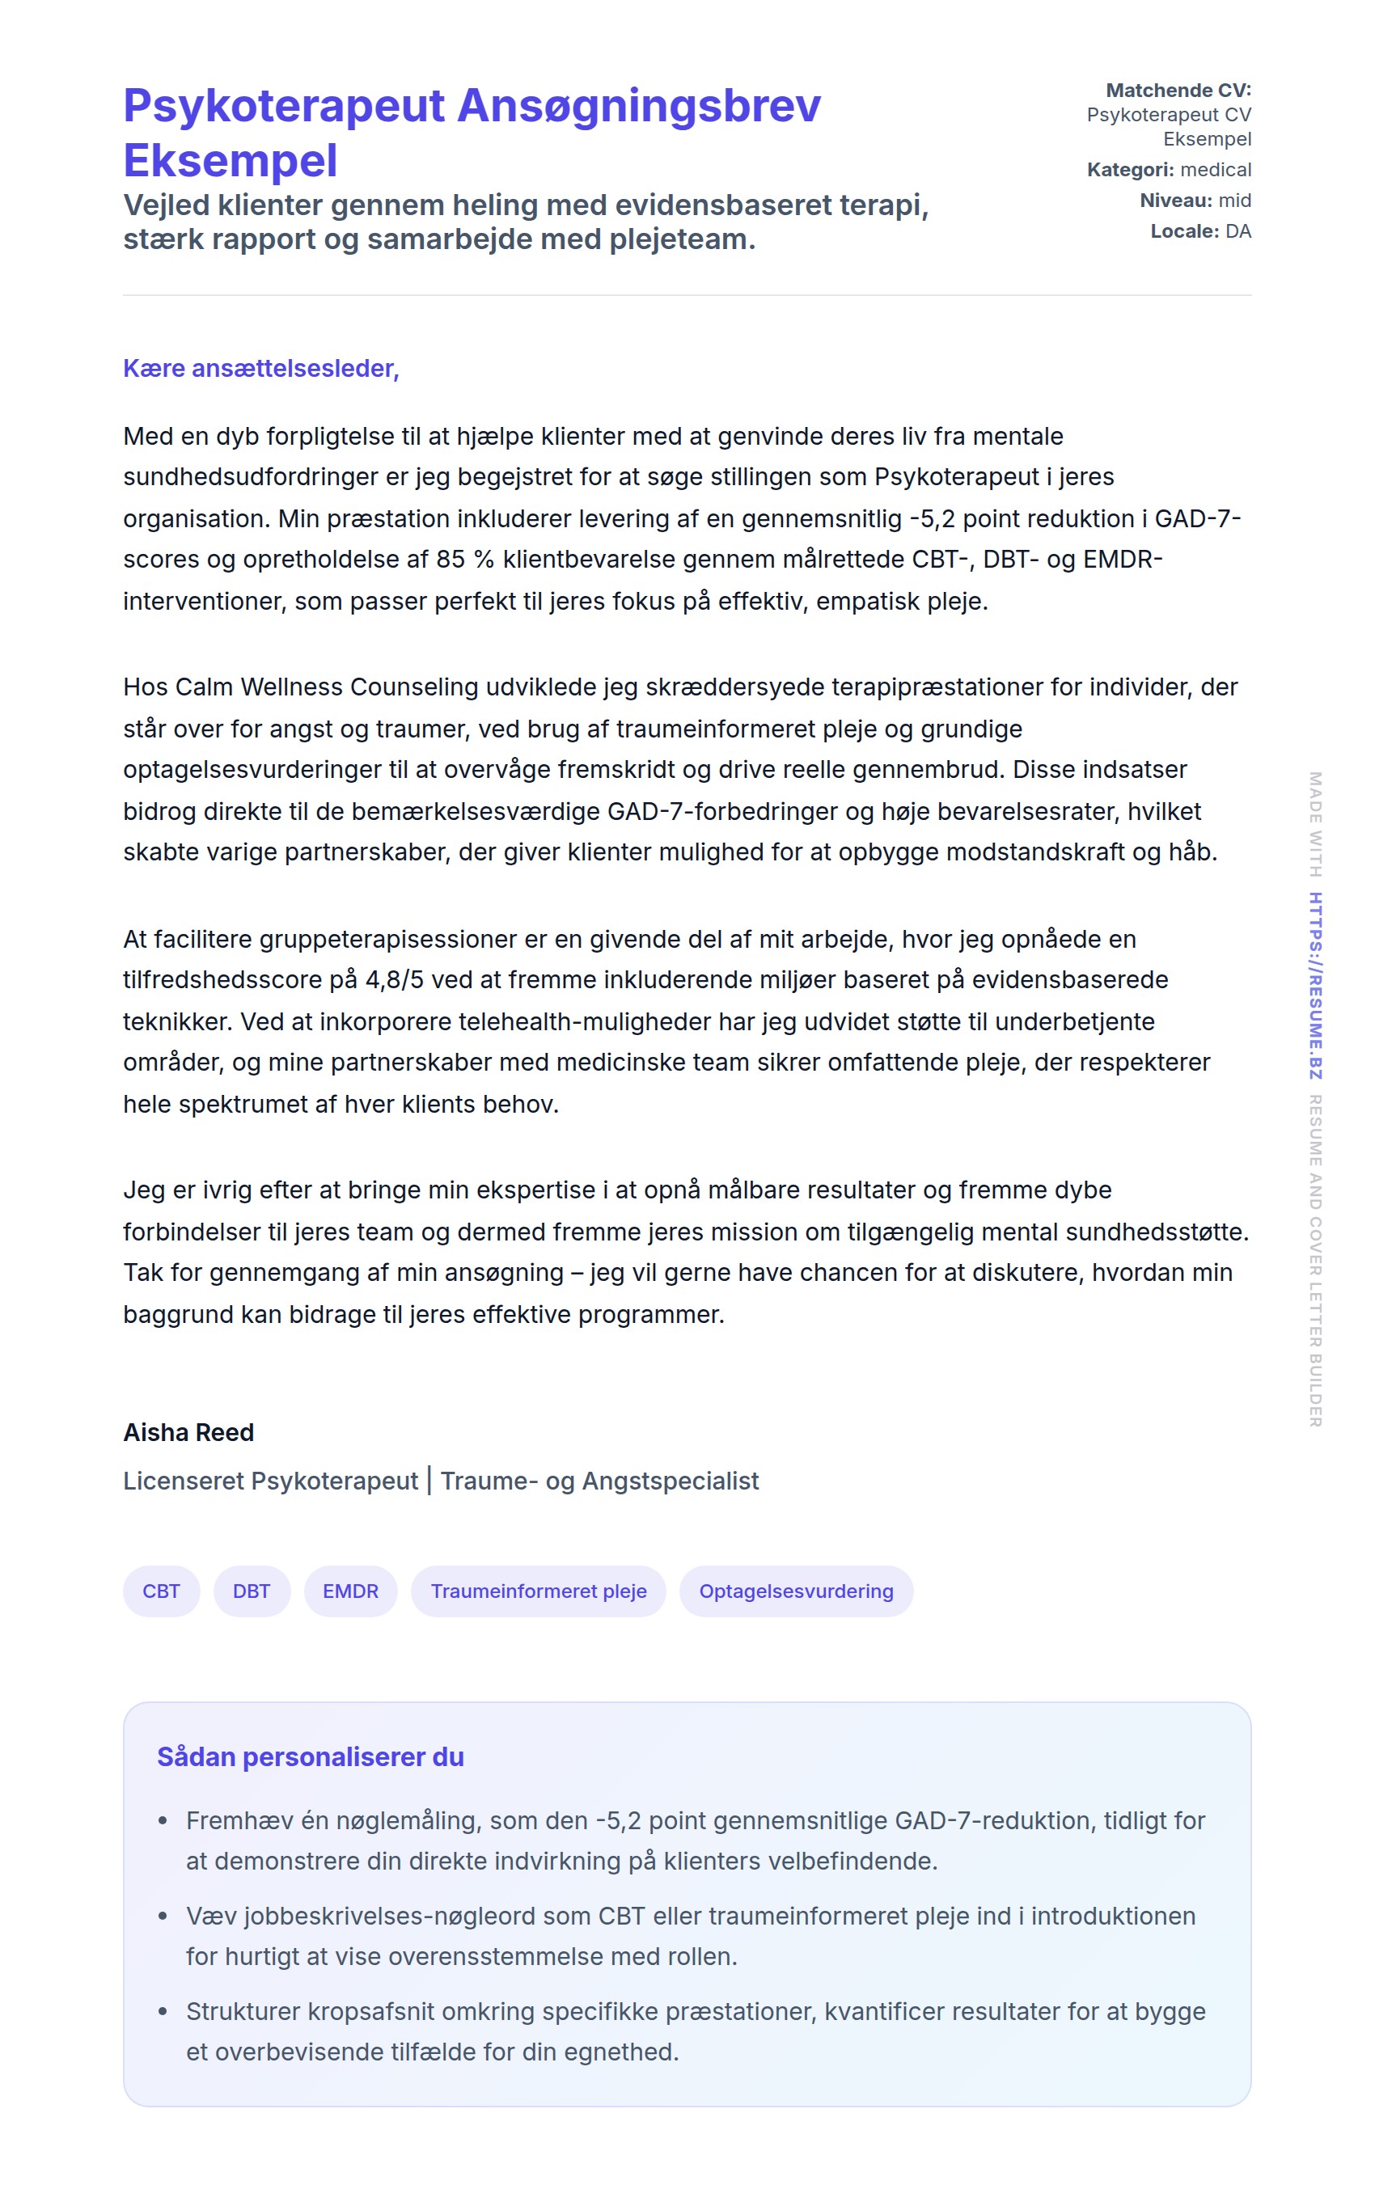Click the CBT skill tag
(x=161, y=1591)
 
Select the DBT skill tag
(x=252, y=1591)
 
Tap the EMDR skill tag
(x=350, y=1591)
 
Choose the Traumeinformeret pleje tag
(x=538, y=1591)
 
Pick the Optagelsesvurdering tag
(x=795, y=1591)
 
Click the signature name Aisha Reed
(x=188, y=1432)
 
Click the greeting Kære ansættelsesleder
(x=260, y=369)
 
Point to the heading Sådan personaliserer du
(x=311, y=1756)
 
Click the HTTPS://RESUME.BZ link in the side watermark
(x=1314, y=986)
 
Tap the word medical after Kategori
(x=1216, y=170)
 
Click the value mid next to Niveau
(x=1234, y=201)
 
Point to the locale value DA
(x=1238, y=231)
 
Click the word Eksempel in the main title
(x=231, y=161)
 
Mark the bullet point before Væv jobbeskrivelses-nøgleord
(x=163, y=1917)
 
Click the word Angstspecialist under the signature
(x=670, y=1481)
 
